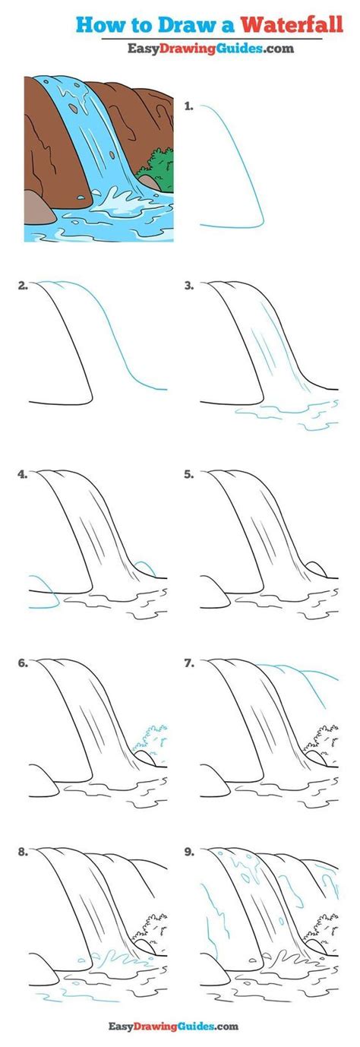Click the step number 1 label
[188, 107]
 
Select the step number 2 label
[24, 286]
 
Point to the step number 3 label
[188, 286]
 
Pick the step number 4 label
[24, 475]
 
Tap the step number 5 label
[188, 475]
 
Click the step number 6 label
[24, 663]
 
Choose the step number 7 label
[188, 663]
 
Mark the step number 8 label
[24, 852]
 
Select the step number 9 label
[188, 852]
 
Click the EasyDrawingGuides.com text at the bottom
[179, 1027]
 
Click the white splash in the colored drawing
[115, 203]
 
